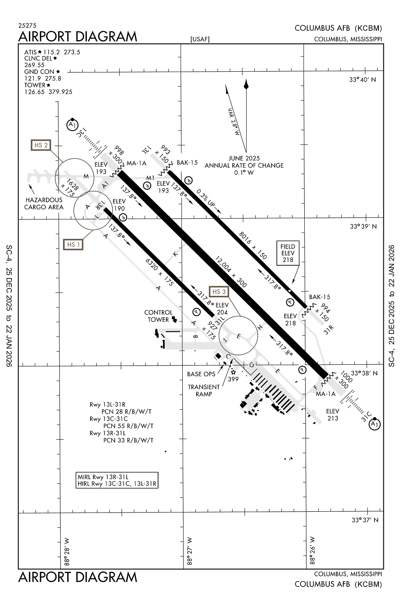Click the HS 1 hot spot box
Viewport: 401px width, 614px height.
(x=74, y=244)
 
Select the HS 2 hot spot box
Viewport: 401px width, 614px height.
(x=41, y=145)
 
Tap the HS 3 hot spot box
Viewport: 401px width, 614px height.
(x=219, y=291)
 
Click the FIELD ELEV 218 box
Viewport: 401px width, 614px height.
(x=288, y=253)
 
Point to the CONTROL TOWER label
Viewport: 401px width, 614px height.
(x=159, y=316)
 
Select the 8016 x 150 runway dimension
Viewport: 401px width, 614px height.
(x=253, y=246)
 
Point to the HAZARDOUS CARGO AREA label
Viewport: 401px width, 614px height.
(x=44, y=203)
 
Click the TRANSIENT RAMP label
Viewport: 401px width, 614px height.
(x=204, y=390)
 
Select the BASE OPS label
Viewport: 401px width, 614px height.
(x=201, y=374)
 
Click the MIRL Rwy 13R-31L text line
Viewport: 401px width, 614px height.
(x=103, y=477)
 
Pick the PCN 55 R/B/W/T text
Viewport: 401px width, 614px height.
(x=128, y=426)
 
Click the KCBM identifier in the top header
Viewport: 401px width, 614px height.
(x=368, y=28)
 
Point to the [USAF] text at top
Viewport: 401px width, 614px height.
(x=200, y=39)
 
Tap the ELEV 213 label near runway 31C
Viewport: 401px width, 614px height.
(x=333, y=415)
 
